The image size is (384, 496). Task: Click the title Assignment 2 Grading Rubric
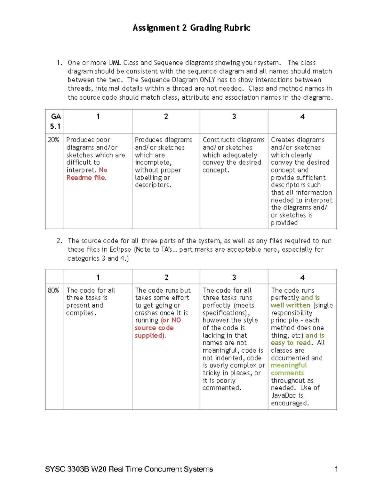point(191,28)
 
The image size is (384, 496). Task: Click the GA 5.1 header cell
point(55,121)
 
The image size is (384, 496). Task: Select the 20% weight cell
point(53,140)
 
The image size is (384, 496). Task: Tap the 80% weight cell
point(53,290)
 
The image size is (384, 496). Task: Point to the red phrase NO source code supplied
point(154,328)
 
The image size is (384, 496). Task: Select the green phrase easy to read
point(291,343)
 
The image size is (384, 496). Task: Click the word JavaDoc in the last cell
point(283,395)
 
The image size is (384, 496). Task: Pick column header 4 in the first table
point(302,117)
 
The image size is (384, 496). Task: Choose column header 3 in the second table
point(234,278)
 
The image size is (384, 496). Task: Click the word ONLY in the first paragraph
point(207,80)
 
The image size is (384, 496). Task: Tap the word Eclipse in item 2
point(120,249)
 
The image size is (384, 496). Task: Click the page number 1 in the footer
point(336,469)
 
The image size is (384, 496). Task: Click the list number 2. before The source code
point(59,241)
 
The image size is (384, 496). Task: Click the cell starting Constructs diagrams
point(234,155)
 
